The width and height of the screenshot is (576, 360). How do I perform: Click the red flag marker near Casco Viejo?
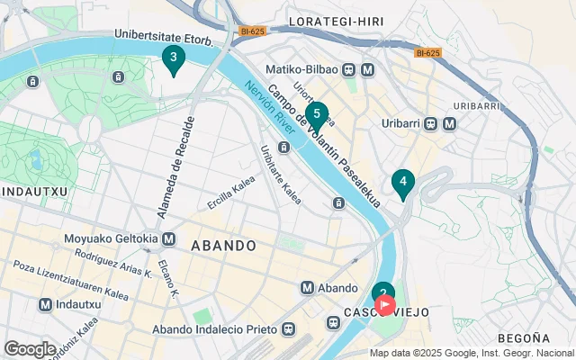tap(385, 305)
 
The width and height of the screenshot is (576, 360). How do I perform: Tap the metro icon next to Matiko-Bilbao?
tap(367, 69)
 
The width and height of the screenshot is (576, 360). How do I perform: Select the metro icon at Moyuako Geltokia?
tap(168, 239)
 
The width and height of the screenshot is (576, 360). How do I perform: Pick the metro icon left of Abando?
tap(308, 288)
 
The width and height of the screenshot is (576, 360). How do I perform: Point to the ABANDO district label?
tap(223, 246)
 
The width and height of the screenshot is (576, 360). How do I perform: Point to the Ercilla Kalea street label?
tap(231, 192)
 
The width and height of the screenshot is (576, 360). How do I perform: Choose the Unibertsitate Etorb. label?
tap(163, 39)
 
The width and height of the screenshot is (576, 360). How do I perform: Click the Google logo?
tap(30, 348)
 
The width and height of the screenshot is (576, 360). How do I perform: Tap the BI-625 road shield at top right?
tap(427, 52)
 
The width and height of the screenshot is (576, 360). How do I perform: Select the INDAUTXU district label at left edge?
tap(29, 192)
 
